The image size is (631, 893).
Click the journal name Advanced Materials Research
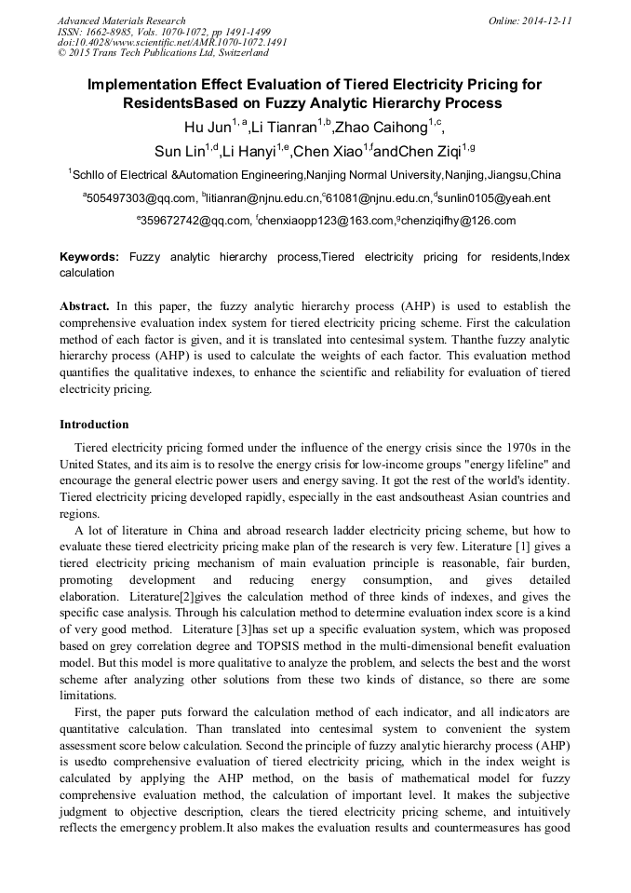(x=121, y=20)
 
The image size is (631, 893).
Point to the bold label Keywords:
(x=89, y=256)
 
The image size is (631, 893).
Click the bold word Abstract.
(x=86, y=305)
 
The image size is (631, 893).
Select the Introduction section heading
(x=94, y=425)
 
